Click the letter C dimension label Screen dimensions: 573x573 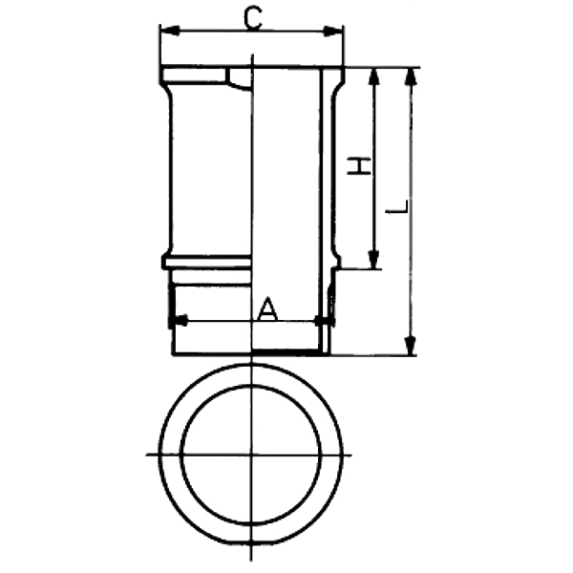click(x=252, y=16)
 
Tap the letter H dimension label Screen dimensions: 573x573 click(x=357, y=166)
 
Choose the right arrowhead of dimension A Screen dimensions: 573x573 click(x=323, y=321)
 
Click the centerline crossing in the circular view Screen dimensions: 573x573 click(x=251, y=454)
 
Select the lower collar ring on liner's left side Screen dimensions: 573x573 click(x=205, y=261)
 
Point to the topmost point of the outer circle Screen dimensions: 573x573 click(x=251, y=364)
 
